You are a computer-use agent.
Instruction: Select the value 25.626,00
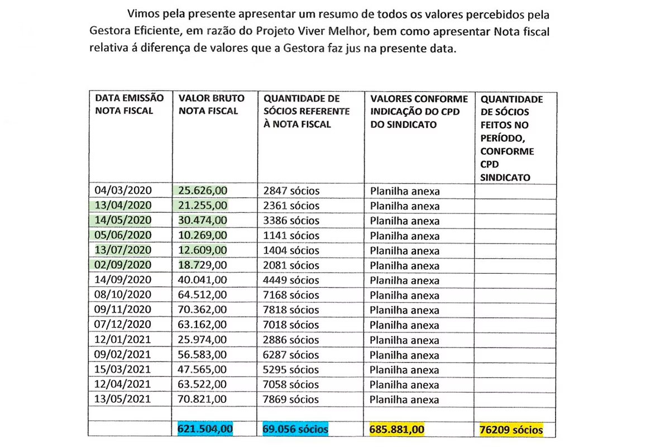pos(203,191)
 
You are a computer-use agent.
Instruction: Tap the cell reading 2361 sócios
pos(291,206)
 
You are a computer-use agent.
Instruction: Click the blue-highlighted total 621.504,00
pos(205,429)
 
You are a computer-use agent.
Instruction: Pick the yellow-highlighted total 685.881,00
pos(397,429)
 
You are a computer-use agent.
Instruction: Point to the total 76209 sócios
pos(511,430)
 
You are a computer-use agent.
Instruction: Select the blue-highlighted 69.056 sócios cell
pos(295,429)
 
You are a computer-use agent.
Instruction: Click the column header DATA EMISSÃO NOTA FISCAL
pos(130,104)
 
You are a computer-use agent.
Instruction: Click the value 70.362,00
pos(203,311)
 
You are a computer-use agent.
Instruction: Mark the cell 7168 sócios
pos(291,296)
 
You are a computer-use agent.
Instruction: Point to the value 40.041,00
pos(203,280)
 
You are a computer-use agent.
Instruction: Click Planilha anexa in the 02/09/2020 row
pos(405,266)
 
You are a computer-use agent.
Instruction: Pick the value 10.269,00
pos(203,236)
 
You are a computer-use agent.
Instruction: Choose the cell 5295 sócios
pos(291,370)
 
